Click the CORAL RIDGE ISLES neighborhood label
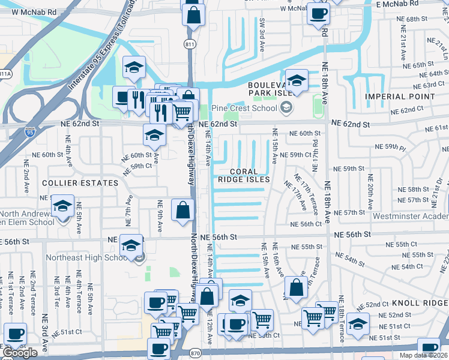tap(243, 175)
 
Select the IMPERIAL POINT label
tap(399, 97)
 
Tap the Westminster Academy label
tap(411, 216)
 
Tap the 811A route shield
tap(5, 74)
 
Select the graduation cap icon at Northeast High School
tap(131, 245)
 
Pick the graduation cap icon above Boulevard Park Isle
tap(296, 80)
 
